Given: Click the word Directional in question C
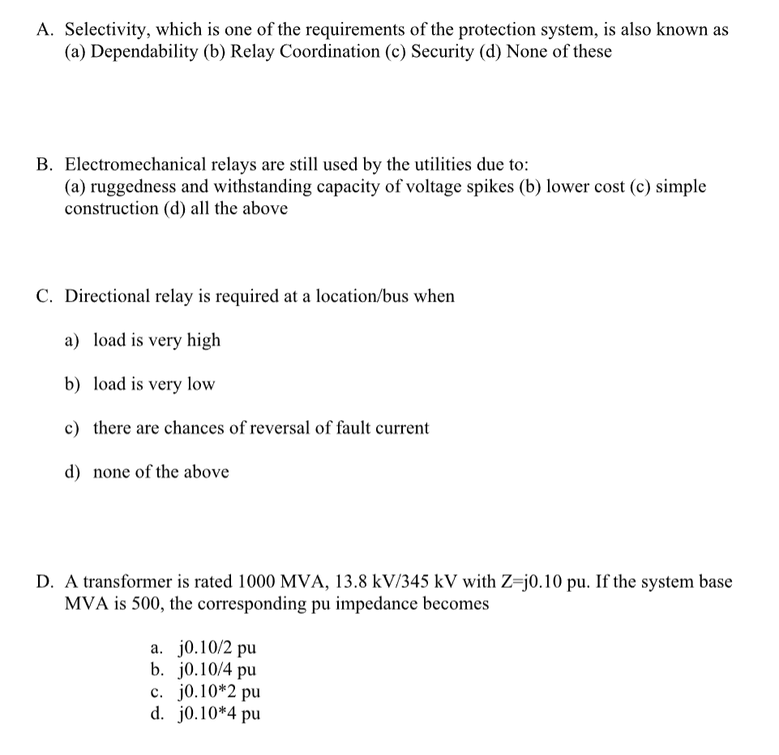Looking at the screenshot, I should (105, 296).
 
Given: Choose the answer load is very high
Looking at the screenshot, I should (156, 340).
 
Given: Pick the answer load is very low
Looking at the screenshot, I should (154, 384).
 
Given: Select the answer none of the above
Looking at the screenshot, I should (161, 471).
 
